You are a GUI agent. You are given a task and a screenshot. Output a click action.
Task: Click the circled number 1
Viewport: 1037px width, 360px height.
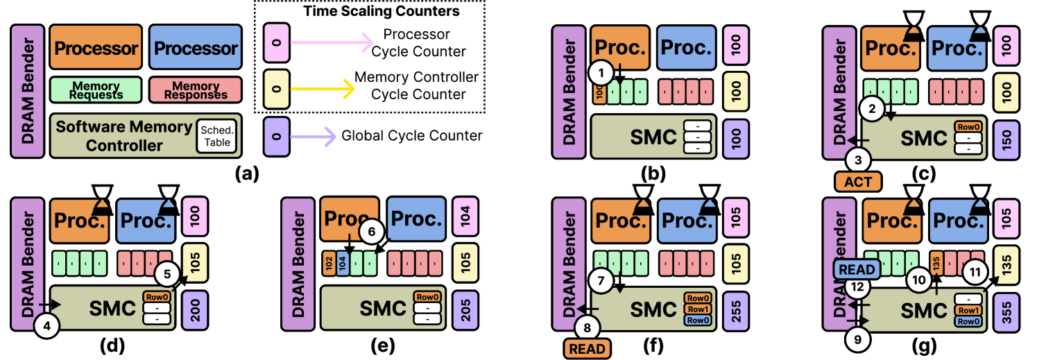point(601,71)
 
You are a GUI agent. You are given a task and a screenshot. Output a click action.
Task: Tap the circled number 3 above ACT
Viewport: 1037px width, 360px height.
point(858,160)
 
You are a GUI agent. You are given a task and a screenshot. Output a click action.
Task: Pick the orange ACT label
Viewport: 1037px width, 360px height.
point(858,182)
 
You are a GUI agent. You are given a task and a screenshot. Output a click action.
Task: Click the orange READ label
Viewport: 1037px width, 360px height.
point(588,348)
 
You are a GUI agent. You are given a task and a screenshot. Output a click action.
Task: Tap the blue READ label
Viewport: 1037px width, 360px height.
point(856,269)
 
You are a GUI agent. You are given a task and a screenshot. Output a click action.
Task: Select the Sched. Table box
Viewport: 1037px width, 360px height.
point(217,136)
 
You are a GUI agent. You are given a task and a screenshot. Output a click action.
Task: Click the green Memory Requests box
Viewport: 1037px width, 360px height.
point(96,90)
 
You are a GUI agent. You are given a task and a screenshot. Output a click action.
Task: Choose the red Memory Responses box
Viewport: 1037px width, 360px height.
point(196,90)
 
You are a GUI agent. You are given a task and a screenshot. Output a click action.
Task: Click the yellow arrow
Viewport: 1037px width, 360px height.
point(323,89)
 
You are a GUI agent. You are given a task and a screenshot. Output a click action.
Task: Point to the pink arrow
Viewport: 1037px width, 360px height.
point(332,44)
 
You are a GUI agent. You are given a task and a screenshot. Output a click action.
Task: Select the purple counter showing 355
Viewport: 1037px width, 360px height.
point(1006,309)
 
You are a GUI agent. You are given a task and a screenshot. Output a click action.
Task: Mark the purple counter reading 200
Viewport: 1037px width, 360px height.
point(195,309)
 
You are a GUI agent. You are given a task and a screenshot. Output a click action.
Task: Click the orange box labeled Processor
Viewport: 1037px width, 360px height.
point(96,48)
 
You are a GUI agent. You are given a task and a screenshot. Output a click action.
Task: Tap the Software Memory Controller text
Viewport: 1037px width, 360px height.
point(123,136)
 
